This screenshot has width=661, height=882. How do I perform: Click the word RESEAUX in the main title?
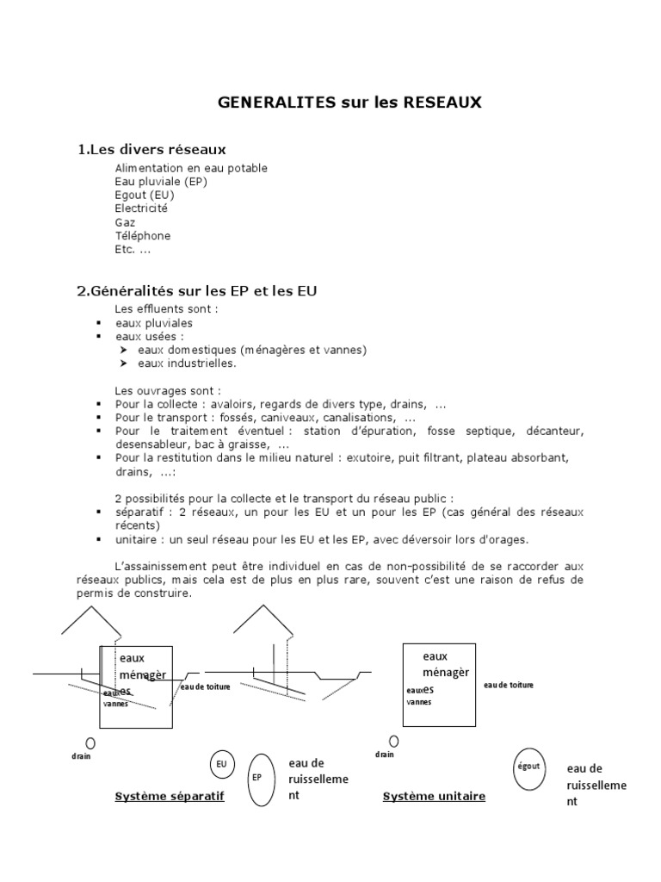(x=443, y=102)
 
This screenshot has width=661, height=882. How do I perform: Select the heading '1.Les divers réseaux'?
(x=152, y=150)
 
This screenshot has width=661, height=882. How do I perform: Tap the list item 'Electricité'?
(x=141, y=208)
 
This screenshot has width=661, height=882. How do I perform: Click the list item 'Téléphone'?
(x=143, y=236)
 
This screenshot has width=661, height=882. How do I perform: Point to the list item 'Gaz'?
(x=125, y=222)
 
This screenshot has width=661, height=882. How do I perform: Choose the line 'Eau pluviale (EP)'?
(x=161, y=182)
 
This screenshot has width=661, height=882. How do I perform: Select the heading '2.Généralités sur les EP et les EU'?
(x=197, y=291)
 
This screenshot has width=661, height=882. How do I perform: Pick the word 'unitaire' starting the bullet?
(x=137, y=540)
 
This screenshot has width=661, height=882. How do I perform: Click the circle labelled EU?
(x=222, y=763)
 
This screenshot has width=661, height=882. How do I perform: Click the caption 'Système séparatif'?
(x=170, y=797)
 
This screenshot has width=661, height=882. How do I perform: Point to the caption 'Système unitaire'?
(x=434, y=797)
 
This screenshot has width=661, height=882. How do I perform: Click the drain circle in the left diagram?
(x=90, y=742)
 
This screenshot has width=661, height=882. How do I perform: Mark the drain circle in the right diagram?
(x=394, y=741)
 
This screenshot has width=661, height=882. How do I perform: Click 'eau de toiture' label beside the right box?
(x=509, y=685)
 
